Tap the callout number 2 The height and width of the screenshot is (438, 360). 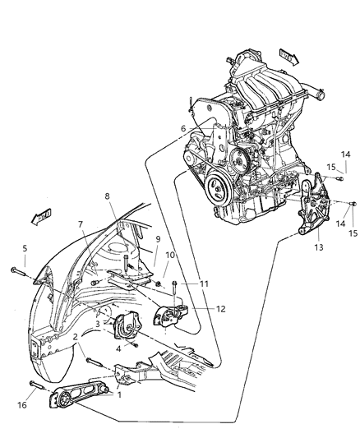76,337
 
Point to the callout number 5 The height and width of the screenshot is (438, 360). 25,248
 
